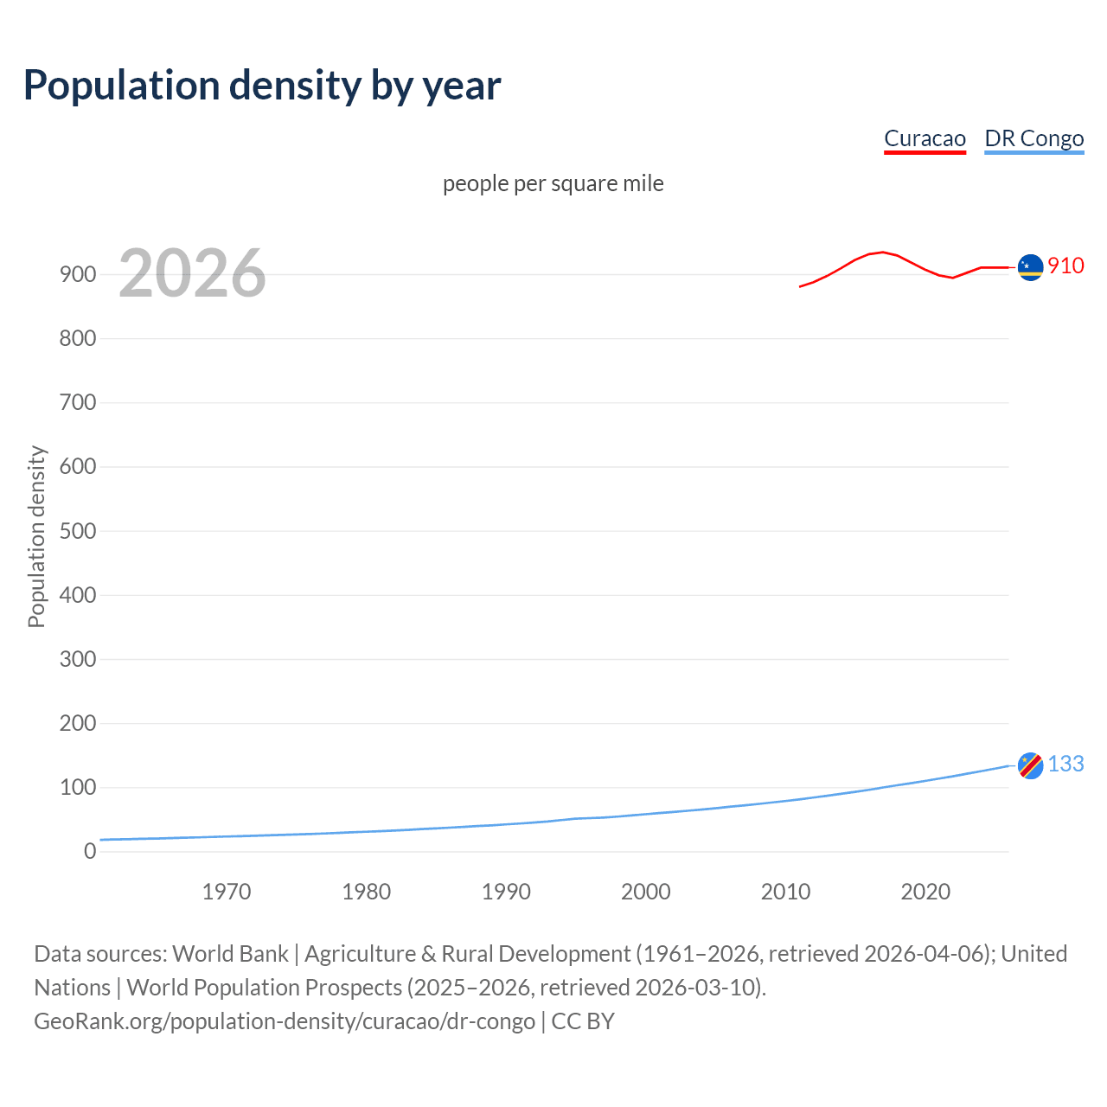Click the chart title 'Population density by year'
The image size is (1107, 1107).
click(x=262, y=86)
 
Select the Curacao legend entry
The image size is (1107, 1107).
click(x=925, y=139)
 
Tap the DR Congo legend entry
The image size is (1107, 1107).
click(x=1033, y=139)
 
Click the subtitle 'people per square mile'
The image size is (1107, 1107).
click(x=553, y=184)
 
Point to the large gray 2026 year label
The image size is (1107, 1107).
click(x=192, y=273)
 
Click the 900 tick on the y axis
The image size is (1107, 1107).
click(x=78, y=275)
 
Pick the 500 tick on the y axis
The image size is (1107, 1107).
click(x=78, y=531)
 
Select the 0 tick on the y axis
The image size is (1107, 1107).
click(x=90, y=852)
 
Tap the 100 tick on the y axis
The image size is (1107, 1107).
click(x=78, y=788)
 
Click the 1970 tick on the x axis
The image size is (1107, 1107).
click(x=227, y=892)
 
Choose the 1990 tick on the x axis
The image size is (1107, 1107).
click(x=506, y=892)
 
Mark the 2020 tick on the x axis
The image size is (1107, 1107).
click(x=925, y=892)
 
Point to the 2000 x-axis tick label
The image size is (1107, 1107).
click(x=646, y=892)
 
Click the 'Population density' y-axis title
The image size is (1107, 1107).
click(x=36, y=536)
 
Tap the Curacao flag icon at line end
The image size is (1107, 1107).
click(x=1030, y=267)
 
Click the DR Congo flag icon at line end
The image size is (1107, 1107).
click(x=1030, y=765)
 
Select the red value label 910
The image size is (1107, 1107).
click(x=1065, y=266)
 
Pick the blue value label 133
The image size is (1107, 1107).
click(x=1065, y=765)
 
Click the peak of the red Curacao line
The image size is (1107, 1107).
click(x=881, y=252)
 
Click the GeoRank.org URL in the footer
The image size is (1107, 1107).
click(x=285, y=1021)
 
